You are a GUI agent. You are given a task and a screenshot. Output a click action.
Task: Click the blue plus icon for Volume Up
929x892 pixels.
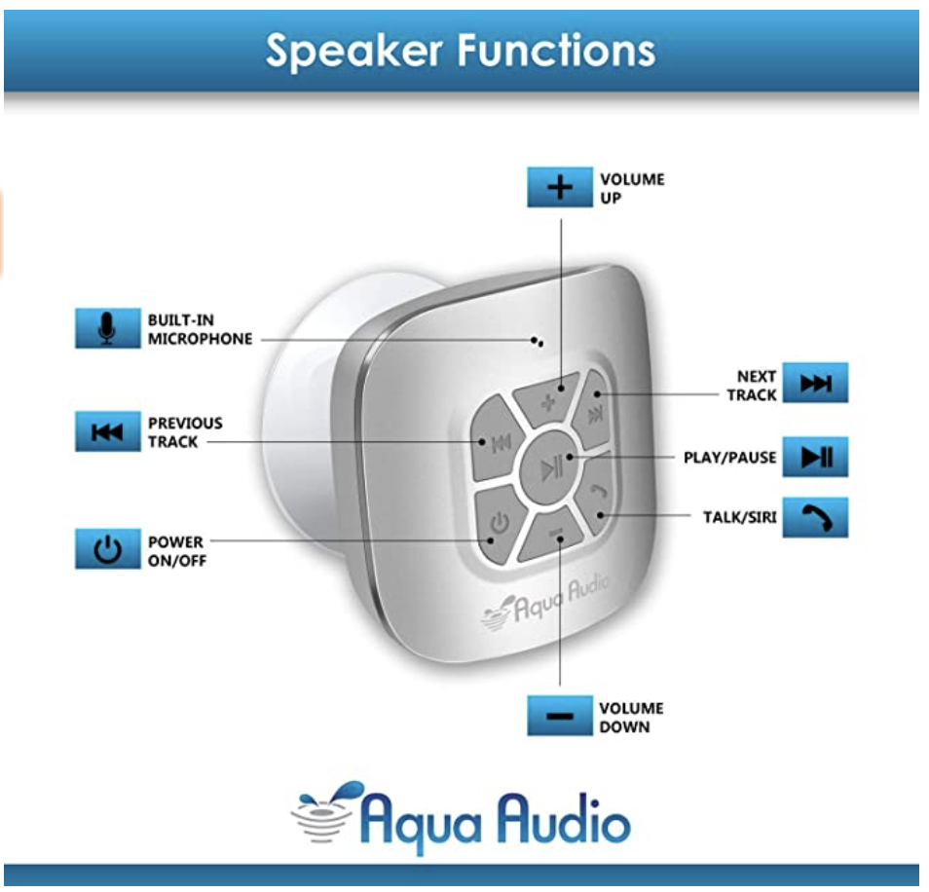[x=559, y=187]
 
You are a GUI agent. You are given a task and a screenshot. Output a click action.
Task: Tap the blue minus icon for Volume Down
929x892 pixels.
[x=559, y=716]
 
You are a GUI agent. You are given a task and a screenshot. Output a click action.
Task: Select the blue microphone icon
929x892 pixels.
[x=108, y=327]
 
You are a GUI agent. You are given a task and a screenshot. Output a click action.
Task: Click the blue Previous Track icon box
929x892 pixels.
[x=108, y=431]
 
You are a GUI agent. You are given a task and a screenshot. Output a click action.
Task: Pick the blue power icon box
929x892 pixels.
[x=108, y=548]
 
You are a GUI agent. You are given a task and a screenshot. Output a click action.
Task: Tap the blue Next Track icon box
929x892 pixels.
[x=815, y=383]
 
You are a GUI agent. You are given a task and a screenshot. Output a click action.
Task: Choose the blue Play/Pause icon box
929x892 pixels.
[x=815, y=457]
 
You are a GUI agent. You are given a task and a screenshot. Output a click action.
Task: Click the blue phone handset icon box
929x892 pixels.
[x=815, y=517]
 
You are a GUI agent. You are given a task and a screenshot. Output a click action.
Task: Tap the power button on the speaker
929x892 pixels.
[x=499, y=524]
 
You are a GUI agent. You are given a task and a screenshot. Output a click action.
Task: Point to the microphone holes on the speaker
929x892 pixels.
[x=538, y=342]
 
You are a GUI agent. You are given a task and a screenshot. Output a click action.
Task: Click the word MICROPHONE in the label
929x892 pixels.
[x=201, y=339]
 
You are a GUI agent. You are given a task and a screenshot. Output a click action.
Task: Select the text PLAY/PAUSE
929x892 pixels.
[x=730, y=458]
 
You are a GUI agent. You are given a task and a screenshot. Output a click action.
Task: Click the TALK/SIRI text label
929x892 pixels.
[x=739, y=517]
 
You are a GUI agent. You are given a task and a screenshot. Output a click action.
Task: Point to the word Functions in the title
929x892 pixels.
[x=556, y=50]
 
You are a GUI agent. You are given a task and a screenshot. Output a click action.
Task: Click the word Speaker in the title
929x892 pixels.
[x=354, y=52]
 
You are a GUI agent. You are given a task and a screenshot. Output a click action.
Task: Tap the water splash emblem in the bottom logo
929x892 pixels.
[x=325, y=810]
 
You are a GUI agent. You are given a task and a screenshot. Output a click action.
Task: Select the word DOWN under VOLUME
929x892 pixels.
[x=624, y=726]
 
